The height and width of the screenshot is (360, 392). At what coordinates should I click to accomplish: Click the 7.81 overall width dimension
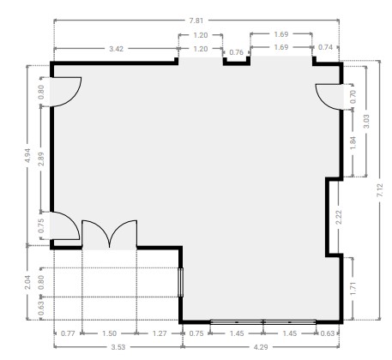pyautogui.click(x=196, y=21)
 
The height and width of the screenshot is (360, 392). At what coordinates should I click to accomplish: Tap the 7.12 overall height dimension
pyautogui.click(x=380, y=190)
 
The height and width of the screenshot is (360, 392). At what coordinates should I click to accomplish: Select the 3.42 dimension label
pyautogui.click(x=116, y=49)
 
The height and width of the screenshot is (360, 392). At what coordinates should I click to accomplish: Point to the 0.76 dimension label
pyautogui.click(x=237, y=52)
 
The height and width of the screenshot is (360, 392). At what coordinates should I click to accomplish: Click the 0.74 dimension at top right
pyautogui.click(x=325, y=47)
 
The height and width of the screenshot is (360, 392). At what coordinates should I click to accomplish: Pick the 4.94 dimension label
pyautogui.click(x=27, y=156)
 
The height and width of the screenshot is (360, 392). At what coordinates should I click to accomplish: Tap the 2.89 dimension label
pyautogui.click(x=41, y=159)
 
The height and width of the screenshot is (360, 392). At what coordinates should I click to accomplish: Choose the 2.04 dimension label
pyautogui.click(x=27, y=282)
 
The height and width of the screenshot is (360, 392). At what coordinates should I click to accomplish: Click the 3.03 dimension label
pyautogui.click(x=366, y=121)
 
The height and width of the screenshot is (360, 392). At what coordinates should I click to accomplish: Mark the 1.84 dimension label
pyautogui.click(x=353, y=143)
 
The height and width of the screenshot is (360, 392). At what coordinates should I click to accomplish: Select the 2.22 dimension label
pyautogui.click(x=339, y=217)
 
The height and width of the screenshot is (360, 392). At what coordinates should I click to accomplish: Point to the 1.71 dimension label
pyautogui.click(x=353, y=288)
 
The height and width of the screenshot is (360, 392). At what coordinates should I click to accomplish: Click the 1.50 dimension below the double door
pyautogui.click(x=109, y=333)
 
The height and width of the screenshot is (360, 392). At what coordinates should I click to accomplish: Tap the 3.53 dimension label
pyautogui.click(x=118, y=347)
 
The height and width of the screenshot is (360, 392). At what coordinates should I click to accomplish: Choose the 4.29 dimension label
pyautogui.click(x=261, y=347)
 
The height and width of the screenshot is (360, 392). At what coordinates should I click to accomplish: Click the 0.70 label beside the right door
pyautogui.click(x=353, y=97)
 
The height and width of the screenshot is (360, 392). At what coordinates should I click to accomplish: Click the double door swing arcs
pyautogui.click(x=110, y=233)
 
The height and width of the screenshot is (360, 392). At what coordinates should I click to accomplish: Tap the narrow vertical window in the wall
pyautogui.click(x=180, y=282)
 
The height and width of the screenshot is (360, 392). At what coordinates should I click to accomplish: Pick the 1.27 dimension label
pyautogui.click(x=160, y=333)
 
